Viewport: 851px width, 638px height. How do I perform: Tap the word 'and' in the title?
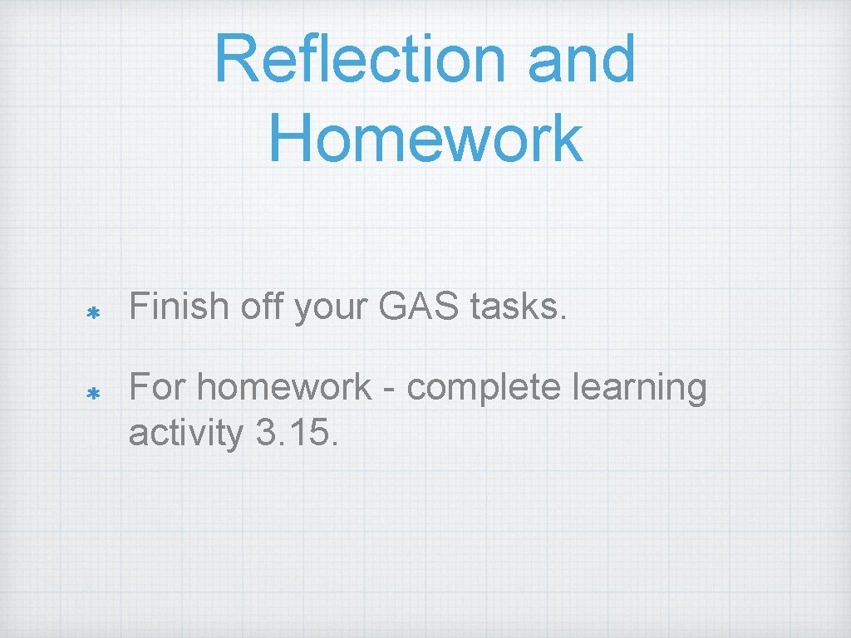click(x=583, y=59)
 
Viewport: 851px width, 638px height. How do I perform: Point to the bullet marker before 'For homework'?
click(x=94, y=393)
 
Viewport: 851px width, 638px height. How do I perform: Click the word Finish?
click(x=178, y=307)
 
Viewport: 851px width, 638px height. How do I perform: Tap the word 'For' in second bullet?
click(x=159, y=386)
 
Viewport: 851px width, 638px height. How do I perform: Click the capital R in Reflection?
click(x=234, y=59)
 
